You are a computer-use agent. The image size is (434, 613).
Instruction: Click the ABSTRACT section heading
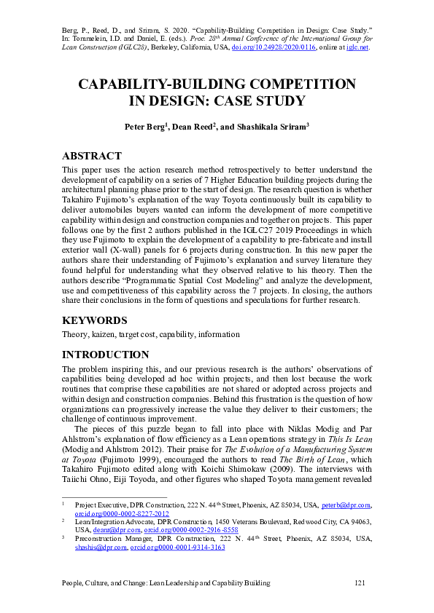tap(91, 156)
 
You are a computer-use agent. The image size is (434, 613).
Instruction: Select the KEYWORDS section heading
tap(93, 320)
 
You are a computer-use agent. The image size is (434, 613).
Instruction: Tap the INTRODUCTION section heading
tap(106, 355)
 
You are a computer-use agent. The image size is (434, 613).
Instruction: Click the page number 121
tap(359, 583)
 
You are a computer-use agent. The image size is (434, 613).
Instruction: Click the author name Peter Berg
tap(145, 126)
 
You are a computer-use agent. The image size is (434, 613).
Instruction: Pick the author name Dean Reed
tap(192, 126)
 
